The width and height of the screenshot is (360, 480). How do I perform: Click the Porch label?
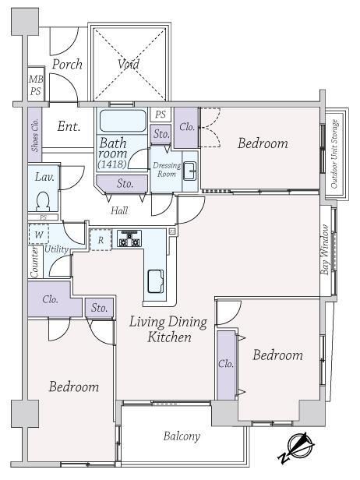point(67,65)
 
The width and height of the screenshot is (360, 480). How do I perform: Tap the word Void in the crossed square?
point(129,64)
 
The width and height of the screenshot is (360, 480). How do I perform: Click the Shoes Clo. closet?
point(35,135)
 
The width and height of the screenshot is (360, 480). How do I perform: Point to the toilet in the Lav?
point(43,201)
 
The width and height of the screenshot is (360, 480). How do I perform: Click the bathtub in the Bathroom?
point(123,121)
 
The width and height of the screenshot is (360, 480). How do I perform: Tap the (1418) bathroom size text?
point(112,164)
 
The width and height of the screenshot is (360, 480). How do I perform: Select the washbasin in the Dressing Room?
point(190,171)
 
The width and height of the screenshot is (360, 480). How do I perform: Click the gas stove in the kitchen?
point(130,238)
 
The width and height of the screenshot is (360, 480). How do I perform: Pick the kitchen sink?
point(156,281)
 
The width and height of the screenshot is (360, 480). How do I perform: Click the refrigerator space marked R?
point(101,240)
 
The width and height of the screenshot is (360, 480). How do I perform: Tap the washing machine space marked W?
point(39,235)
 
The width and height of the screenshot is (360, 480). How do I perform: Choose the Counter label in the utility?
point(34,263)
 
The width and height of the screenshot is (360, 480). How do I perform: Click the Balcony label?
point(182,436)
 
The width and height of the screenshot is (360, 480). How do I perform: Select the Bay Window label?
point(325,250)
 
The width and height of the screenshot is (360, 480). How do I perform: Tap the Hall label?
point(119,210)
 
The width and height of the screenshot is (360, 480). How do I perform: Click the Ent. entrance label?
point(69,126)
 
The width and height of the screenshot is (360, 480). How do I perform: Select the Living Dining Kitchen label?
point(168,330)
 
